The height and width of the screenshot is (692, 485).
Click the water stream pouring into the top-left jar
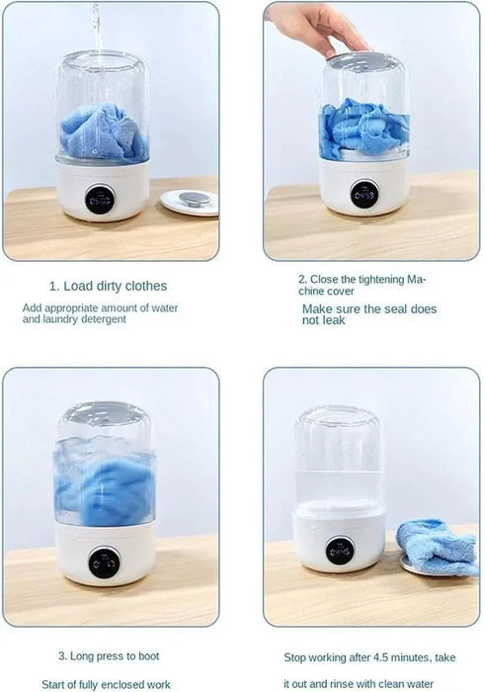tap(96, 25)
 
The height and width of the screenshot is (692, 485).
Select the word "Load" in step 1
tap(78, 287)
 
